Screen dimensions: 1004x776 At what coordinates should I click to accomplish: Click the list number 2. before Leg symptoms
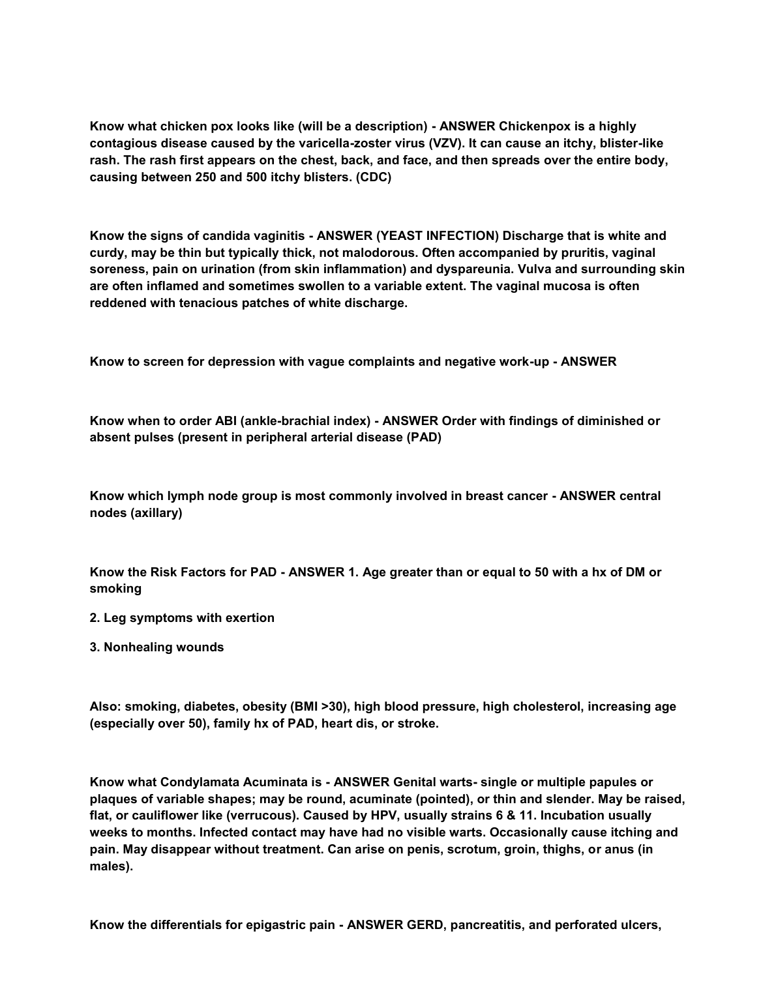pos(95,618)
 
